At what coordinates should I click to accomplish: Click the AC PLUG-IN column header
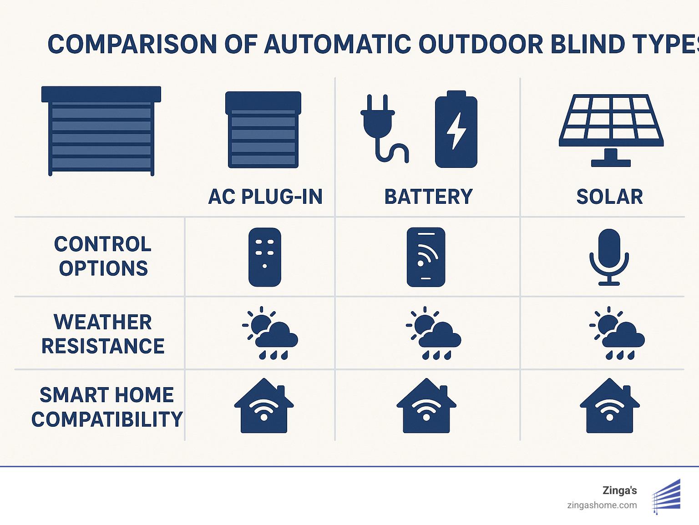265,197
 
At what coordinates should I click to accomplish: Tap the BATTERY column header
428,197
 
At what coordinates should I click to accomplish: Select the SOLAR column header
609,197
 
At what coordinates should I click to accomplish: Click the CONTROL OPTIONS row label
103,256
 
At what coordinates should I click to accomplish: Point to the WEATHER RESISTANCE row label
103,334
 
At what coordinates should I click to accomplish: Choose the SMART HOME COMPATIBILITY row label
106,407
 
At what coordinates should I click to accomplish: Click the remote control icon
265,257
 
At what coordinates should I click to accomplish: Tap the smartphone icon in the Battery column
425,257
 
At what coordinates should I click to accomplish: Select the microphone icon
609,257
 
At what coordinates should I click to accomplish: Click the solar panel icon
611,130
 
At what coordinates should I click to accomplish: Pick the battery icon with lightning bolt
456,129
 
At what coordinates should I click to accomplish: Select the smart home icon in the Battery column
426,406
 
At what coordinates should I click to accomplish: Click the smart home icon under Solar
610,406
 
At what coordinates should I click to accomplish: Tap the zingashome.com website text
602,505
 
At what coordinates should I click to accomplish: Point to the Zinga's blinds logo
667,496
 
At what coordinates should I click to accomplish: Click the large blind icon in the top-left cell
101,131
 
